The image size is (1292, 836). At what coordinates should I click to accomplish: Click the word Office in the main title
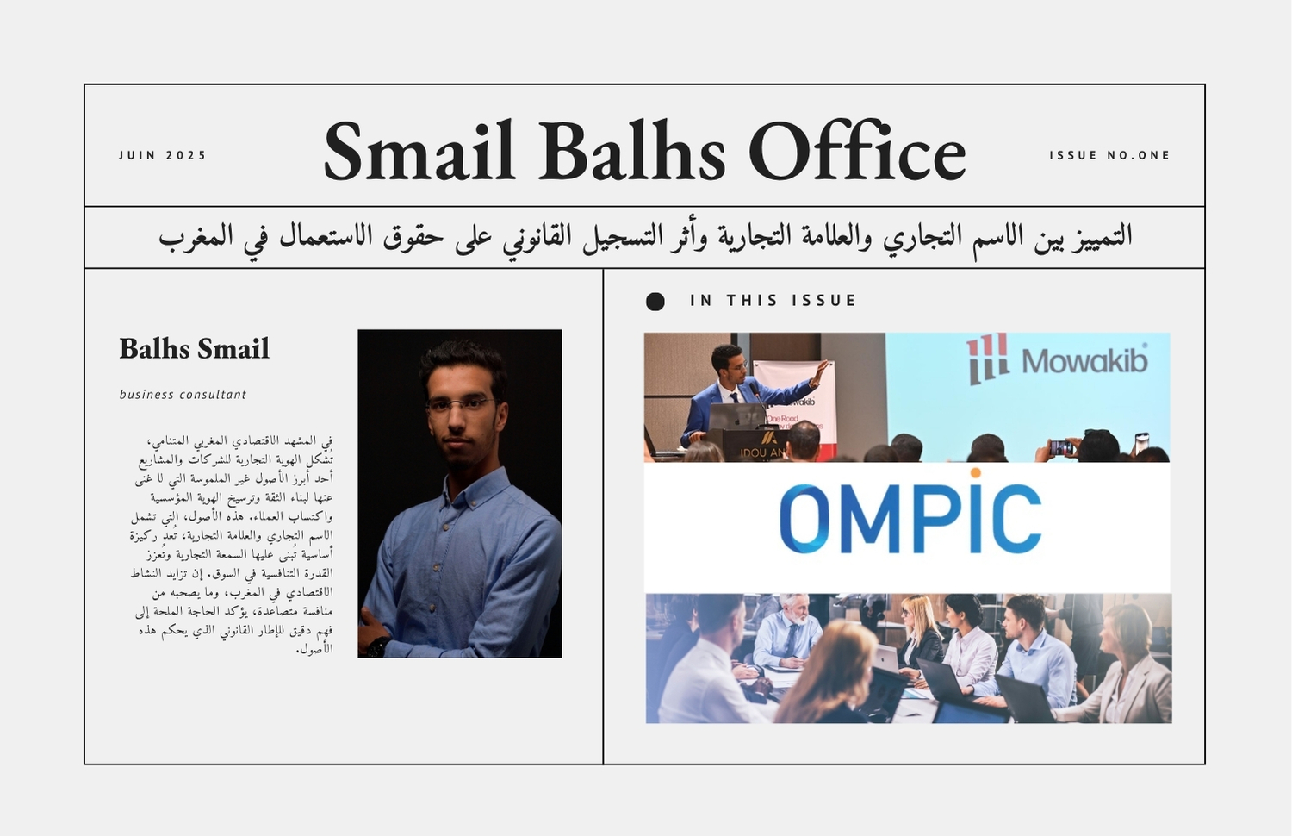click(857, 150)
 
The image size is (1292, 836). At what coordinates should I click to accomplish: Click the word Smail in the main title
click(419, 150)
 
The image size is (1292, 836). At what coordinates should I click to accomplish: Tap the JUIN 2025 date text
click(162, 155)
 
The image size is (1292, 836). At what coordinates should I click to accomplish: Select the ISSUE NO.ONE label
click(1109, 155)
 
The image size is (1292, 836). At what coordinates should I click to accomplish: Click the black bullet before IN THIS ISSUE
click(655, 301)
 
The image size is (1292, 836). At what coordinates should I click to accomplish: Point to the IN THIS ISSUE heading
click(773, 300)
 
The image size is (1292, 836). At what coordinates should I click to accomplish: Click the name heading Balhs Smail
click(195, 348)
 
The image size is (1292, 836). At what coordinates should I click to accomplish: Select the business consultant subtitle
click(183, 395)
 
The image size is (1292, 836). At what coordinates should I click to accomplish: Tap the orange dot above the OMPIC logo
click(975, 473)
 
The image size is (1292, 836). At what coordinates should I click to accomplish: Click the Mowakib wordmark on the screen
click(1084, 361)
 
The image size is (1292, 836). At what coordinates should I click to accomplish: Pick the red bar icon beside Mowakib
click(987, 359)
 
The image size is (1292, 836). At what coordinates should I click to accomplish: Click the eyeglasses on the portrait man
click(460, 406)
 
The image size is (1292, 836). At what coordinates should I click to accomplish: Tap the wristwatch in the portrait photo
click(378, 646)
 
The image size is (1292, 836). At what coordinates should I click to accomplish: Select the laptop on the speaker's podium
click(736, 416)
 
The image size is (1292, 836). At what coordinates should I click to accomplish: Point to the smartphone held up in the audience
click(1061, 446)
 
